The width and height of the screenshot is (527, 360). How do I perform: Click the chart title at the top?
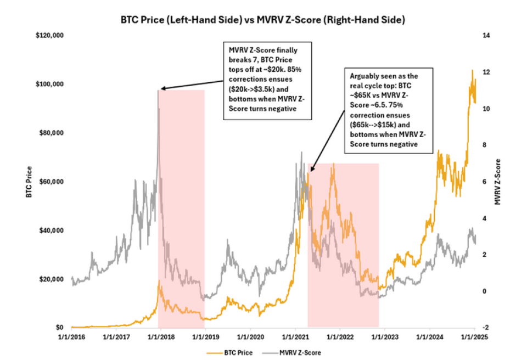click(x=263, y=20)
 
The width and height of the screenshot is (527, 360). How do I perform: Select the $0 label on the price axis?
click(x=62, y=328)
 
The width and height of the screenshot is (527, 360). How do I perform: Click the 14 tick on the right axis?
click(x=485, y=36)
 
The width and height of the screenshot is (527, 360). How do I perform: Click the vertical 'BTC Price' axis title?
click(x=29, y=182)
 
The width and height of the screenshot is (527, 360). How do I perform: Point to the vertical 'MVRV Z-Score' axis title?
click(x=498, y=182)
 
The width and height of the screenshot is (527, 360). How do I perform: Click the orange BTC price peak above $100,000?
click(x=472, y=70)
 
